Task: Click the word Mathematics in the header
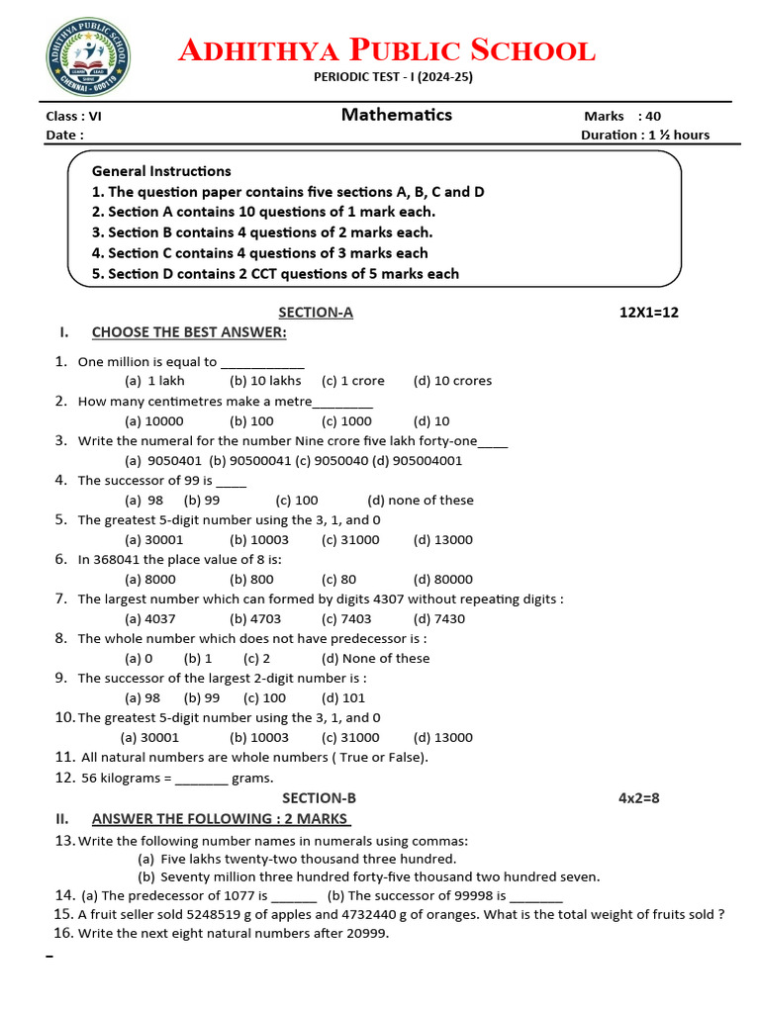click(x=396, y=115)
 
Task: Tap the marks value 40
click(x=653, y=116)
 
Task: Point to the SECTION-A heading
click(x=316, y=313)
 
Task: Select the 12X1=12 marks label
click(x=648, y=313)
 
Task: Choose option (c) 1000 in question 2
click(x=346, y=421)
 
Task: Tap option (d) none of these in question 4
click(x=421, y=501)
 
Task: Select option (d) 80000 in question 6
click(x=443, y=580)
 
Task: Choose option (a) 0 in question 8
click(x=139, y=659)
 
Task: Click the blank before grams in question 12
click(x=202, y=779)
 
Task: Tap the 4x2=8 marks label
click(x=638, y=798)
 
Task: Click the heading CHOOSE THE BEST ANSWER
click(x=189, y=332)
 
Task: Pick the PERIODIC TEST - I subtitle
click(x=393, y=77)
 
